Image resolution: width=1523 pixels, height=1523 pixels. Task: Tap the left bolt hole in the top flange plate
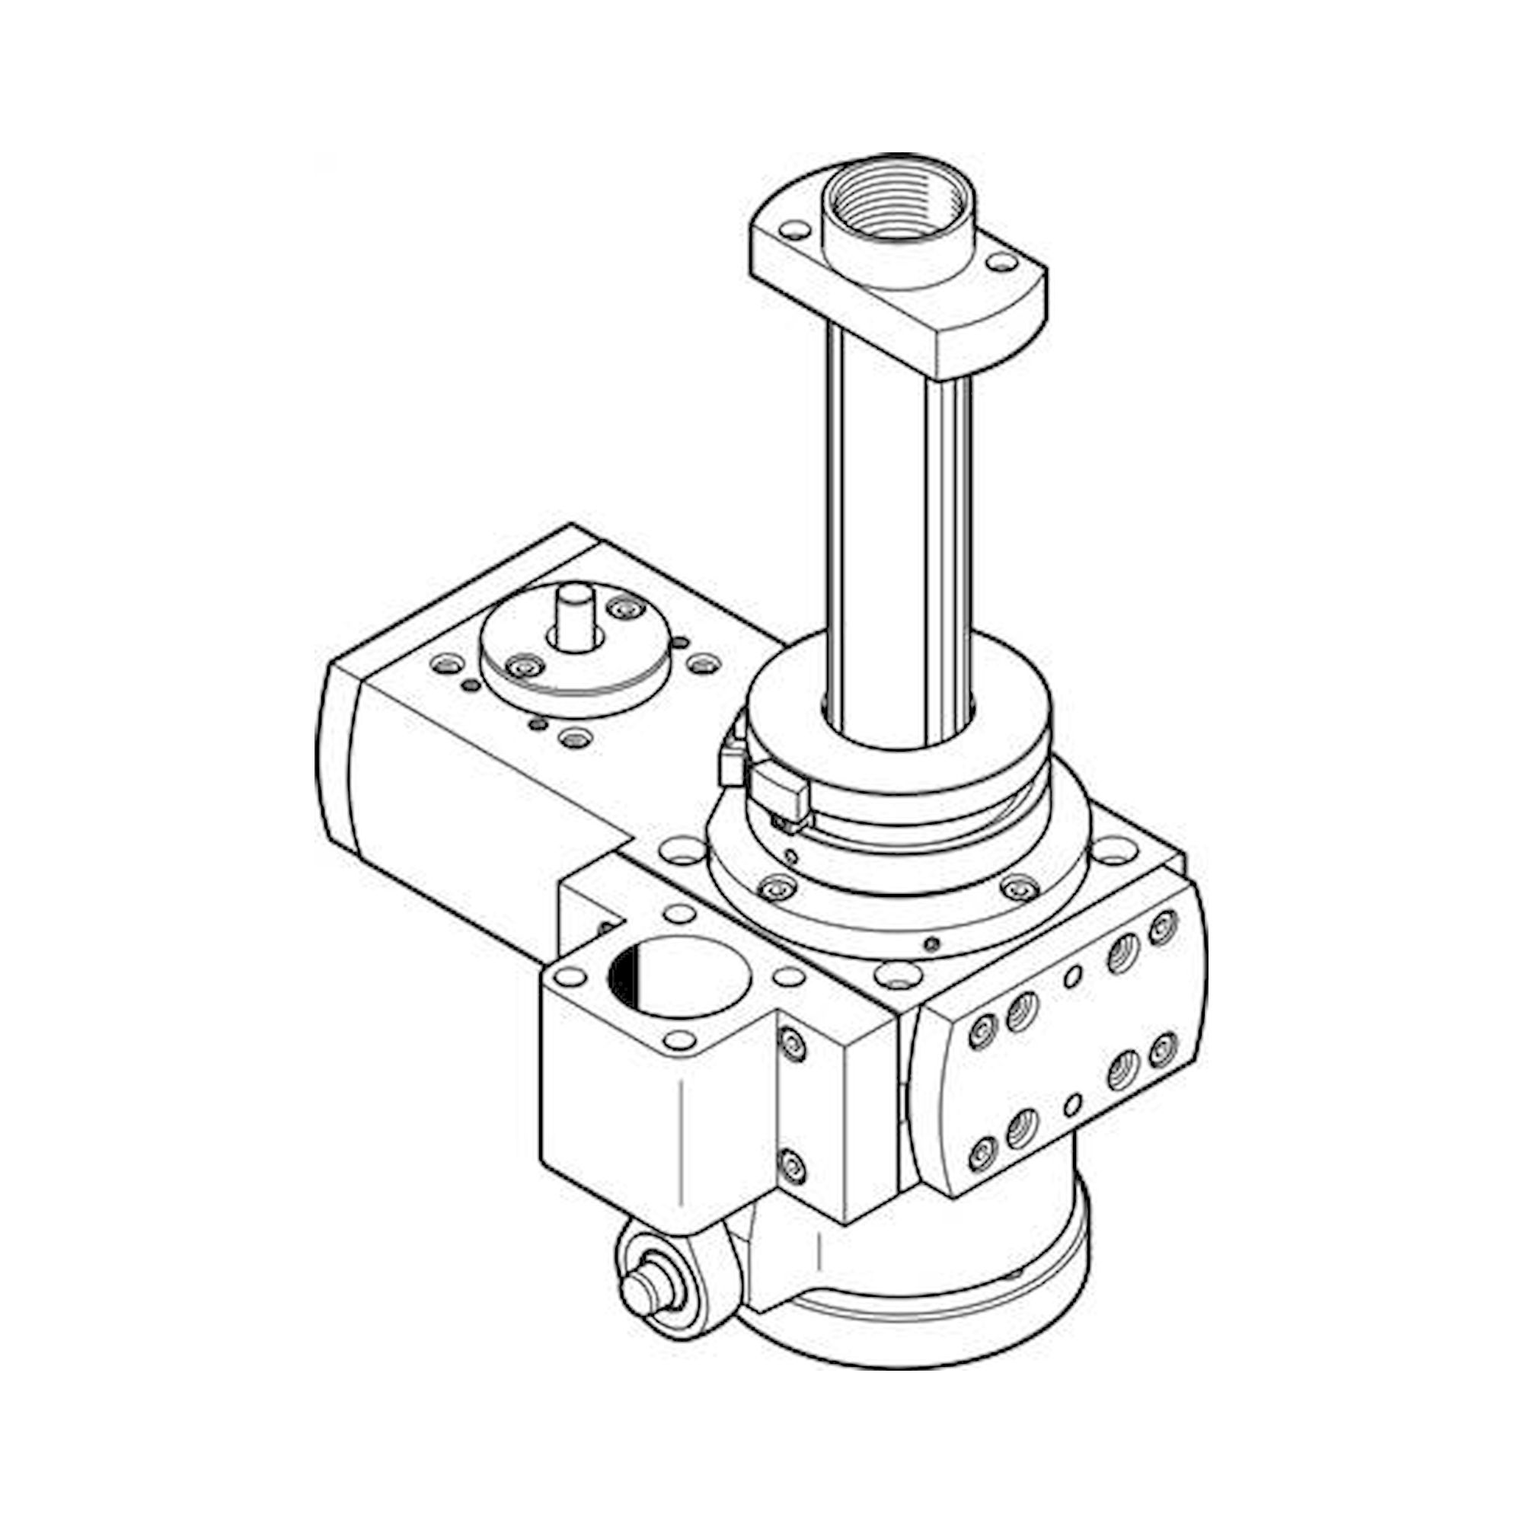pyautogui.click(x=794, y=231)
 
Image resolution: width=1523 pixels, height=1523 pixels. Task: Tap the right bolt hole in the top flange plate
pyautogui.click(x=1001, y=262)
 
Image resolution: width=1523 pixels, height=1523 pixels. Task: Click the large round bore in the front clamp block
pyautogui.click(x=678, y=979)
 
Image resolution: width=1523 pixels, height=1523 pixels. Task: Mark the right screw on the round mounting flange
pyautogui.click(x=1020, y=889)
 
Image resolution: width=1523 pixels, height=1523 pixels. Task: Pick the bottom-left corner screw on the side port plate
pyautogui.click(x=982, y=1155)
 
